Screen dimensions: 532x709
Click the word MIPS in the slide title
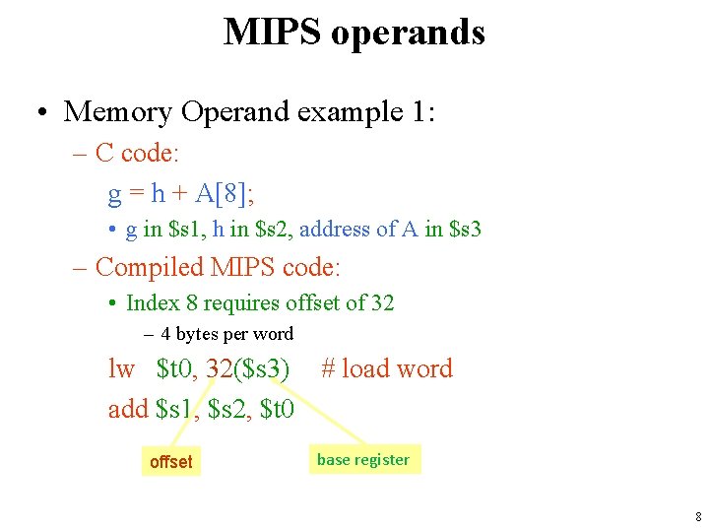coord(272,32)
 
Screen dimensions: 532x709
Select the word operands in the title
coord(408,33)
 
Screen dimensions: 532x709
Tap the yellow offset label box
coord(170,461)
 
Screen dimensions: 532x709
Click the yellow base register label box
coord(362,459)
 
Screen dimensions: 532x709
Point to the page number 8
coord(697,516)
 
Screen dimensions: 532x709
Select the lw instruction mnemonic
coord(121,369)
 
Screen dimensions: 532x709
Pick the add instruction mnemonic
coord(128,408)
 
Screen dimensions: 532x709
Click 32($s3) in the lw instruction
coord(248,369)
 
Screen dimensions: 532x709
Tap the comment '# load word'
coord(387,369)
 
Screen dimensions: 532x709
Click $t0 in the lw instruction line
coord(177,369)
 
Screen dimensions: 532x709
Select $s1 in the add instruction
coord(178,408)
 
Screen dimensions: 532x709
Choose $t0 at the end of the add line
coord(277,408)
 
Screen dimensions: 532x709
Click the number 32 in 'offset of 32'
coord(382,303)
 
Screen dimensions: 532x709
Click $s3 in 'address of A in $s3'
coord(465,230)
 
